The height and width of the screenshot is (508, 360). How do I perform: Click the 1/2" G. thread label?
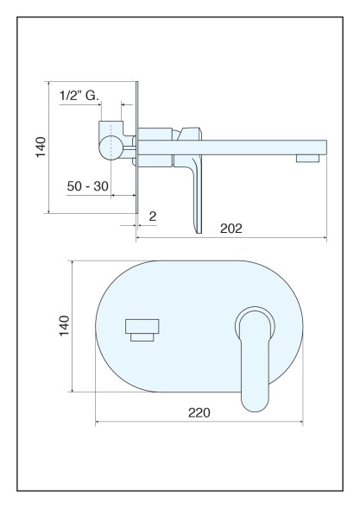[x=79, y=96]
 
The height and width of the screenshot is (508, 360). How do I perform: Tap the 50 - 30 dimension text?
[x=87, y=186]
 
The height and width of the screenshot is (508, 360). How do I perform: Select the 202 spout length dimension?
[x=231, y=229]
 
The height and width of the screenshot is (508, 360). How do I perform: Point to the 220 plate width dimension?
[x=199, y=413]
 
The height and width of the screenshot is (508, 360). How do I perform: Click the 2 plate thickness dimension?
[x=153, y=216]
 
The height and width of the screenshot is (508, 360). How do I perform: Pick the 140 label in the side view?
[x=41, y=147]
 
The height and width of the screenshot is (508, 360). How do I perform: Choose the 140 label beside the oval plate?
[x=64, y=326]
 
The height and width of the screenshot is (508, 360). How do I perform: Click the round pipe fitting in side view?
[x=111, y=147]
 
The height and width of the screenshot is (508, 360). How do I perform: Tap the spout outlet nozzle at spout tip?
[x=307, y=158]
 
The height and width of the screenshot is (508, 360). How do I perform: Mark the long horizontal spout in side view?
[x=232, y=147]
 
